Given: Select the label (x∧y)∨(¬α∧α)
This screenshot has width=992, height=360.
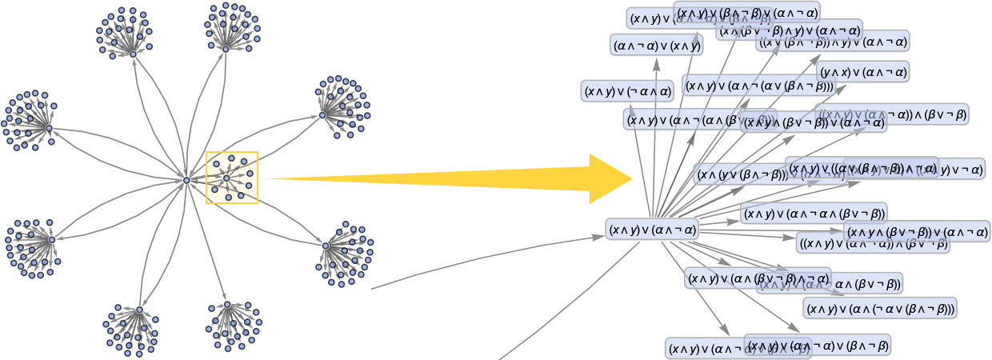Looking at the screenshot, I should tap(628, 91).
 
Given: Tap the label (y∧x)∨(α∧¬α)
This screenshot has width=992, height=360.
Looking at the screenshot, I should tap(863, 72).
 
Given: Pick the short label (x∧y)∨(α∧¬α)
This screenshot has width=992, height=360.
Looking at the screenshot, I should tap(653, 230).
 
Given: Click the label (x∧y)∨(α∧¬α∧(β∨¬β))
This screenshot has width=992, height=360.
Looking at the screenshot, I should tap(814, 213).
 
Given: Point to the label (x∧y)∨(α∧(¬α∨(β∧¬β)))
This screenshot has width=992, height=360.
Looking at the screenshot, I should tap(880, 309).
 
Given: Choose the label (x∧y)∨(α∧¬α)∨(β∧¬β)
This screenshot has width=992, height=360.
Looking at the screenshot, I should tap(817, 346).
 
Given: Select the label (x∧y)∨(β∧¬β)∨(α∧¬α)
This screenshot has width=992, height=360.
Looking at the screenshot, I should tap(746, 13).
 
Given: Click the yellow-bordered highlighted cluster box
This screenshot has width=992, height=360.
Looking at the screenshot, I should tap(232, 178).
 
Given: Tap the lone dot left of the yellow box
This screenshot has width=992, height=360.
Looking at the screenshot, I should tap(186, 181).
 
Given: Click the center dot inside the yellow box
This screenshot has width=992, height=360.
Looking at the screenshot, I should tap(226, 178).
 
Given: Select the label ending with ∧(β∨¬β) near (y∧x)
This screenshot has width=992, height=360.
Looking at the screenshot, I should tap(892, 114).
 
